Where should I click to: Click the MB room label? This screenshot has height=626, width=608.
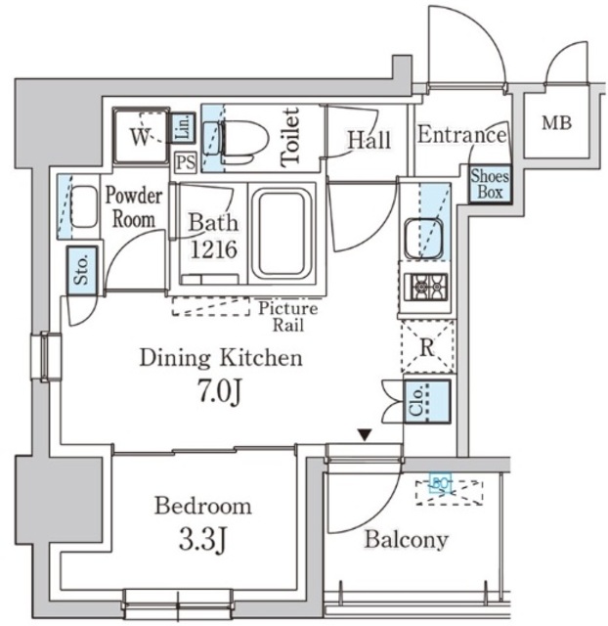point(557,124)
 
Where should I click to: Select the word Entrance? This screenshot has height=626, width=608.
point(461,136)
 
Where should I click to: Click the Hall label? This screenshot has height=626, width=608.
point(369,141)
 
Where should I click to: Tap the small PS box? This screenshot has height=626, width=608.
point(185,162)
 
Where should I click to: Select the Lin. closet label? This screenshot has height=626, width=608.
point(184,127)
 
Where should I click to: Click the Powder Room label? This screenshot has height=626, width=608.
point(134,206)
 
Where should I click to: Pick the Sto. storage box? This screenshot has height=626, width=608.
point(81,270)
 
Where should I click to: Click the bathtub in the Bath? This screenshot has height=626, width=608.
point(282,235)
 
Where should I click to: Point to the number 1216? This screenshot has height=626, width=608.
point(213,249)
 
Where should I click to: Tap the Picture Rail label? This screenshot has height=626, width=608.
point(287,316)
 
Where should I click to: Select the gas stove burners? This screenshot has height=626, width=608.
point(425,287)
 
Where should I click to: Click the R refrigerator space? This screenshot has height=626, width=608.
point(427,345)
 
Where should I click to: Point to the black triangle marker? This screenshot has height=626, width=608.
point(365,434)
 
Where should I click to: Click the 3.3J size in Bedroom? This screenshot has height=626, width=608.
point(202,537)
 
